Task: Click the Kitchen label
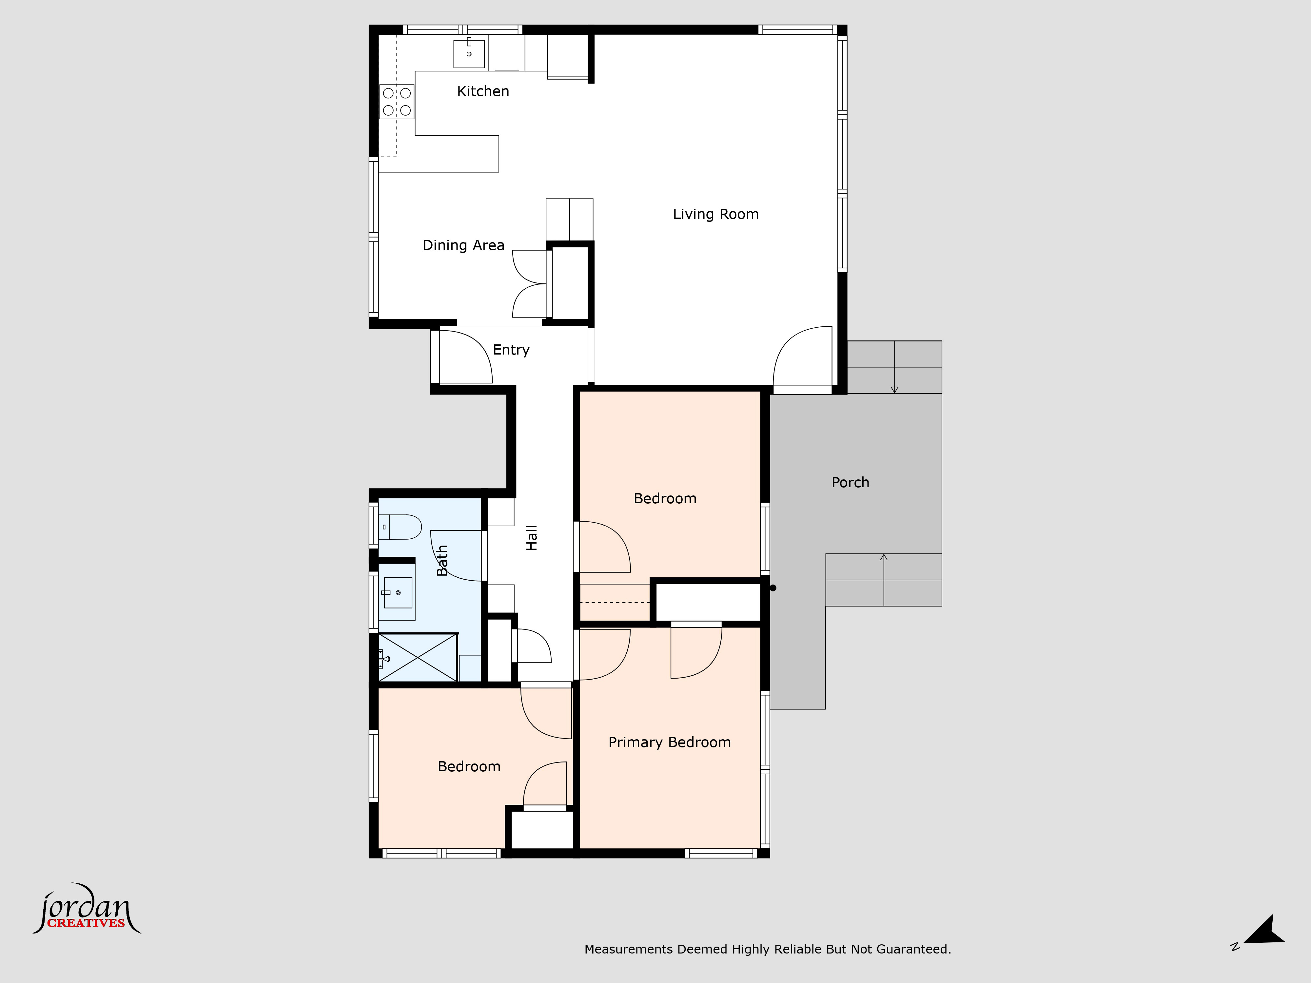[x=483, y=91]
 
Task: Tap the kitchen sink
[x=469, y=53]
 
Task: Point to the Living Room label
[x=715, y=215]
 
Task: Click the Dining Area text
[x=463, y=245]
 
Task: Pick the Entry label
[x=511, y=350]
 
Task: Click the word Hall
[x=532, y=538]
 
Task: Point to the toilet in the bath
[x=400, y=527]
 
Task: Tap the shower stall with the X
[x=418, y=657]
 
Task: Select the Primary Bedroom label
[x=670, y=742]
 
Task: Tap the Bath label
[x=442, y=561]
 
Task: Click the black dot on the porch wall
[x=773, y=588]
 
